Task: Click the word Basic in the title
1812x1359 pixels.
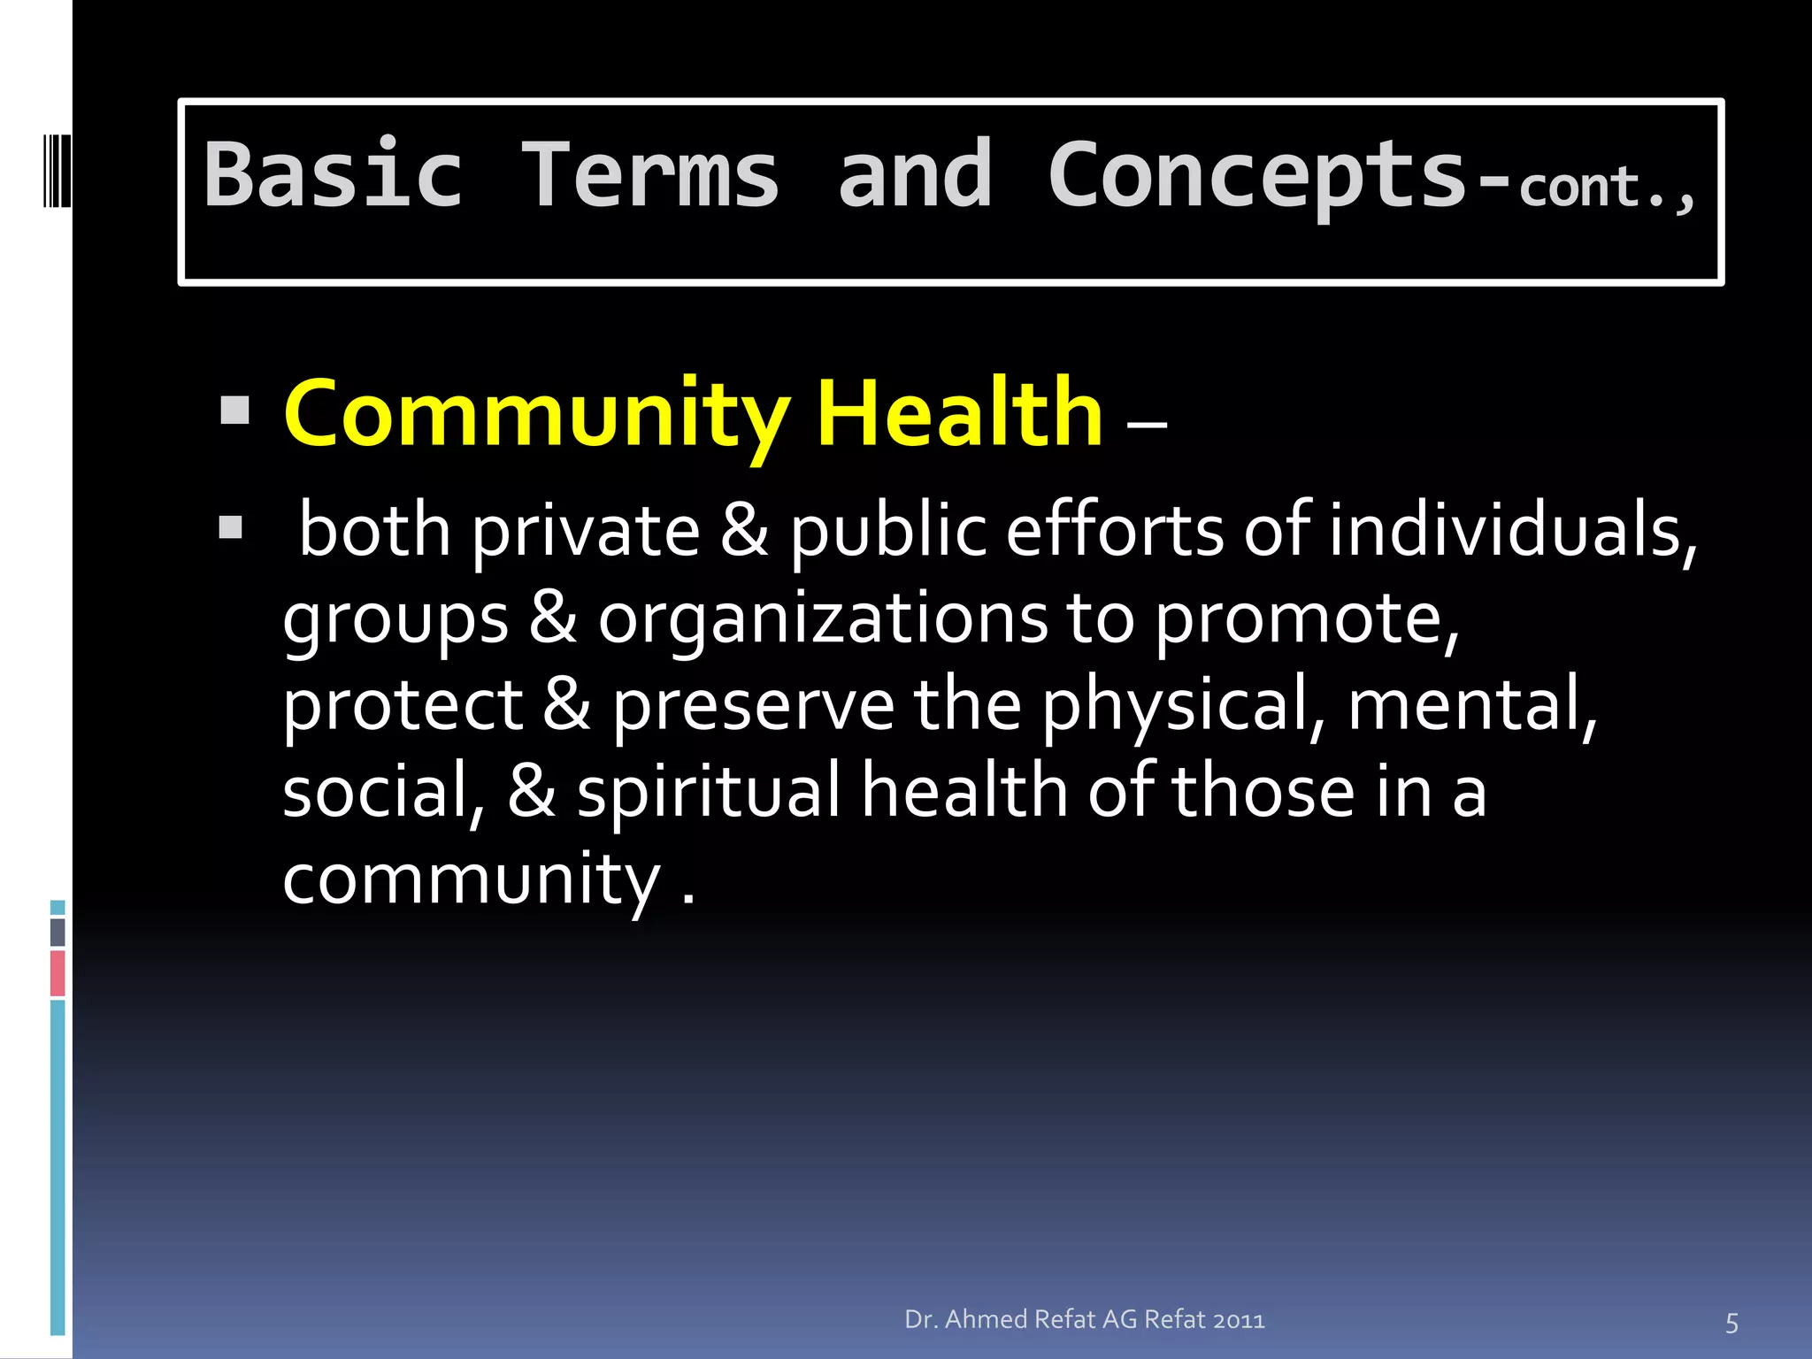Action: click(x=334, y=175)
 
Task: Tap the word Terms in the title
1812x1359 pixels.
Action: click(x=650, y=175)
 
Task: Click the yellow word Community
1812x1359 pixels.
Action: click(x=537, y=414)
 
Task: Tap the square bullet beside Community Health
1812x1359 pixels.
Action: click(x=234, y=411)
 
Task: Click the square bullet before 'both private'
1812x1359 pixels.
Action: click(x=231, y=528)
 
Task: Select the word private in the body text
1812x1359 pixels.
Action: click(x=586, y=532)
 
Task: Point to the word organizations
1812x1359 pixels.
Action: click(x=822, y=618)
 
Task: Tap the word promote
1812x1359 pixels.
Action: click(x=1307, y=618)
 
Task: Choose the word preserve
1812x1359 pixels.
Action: click(x=753, y=706)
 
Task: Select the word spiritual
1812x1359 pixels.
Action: click(x=709, y=792)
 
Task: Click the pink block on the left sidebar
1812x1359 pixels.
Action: click(x=58, y=972)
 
